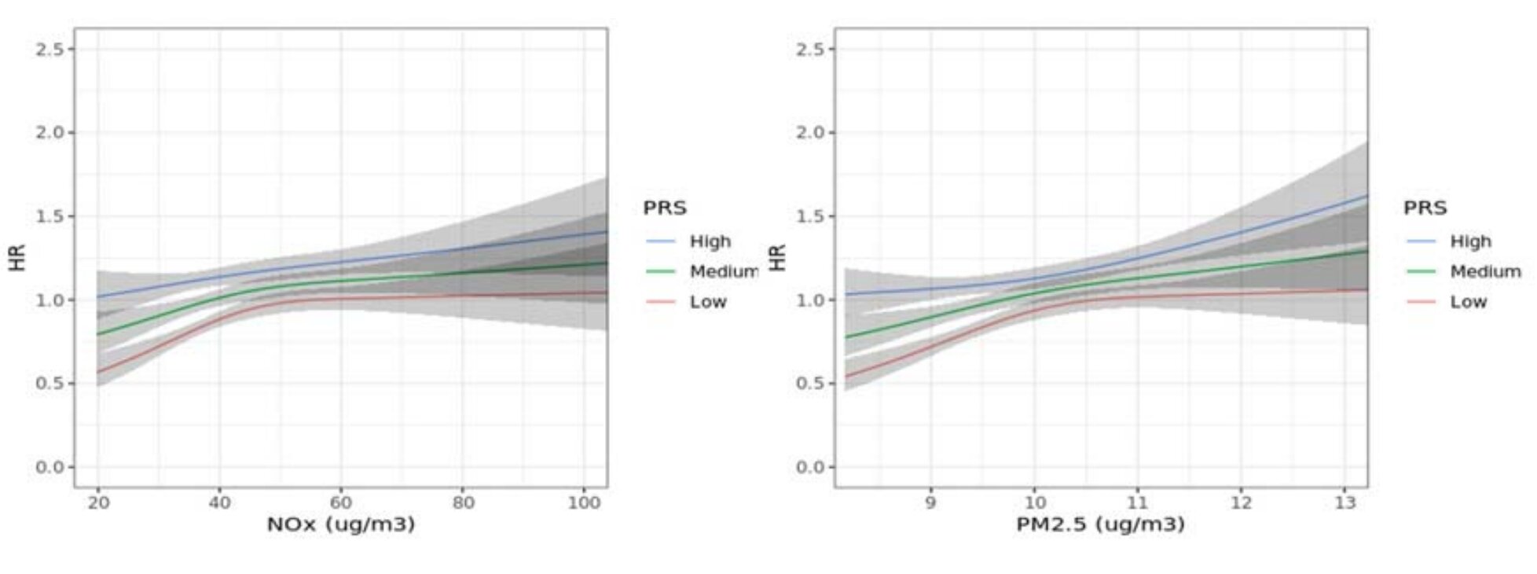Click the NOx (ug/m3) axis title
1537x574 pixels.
point(340,524)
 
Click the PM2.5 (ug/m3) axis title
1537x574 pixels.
point(1100,524)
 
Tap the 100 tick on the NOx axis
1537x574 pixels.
point(583,502)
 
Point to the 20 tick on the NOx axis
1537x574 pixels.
point(98,502)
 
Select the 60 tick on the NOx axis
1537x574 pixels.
point(341,502)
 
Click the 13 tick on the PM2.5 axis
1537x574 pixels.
point(1344,502)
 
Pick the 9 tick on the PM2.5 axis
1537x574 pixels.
point(930,502)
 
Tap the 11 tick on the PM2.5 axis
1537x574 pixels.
point(1137,502)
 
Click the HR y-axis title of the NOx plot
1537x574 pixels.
point(17,258)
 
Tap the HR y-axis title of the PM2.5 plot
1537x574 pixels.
point(777,258)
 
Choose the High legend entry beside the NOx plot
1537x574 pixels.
point(710,241)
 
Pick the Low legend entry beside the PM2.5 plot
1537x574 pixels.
point(1468,302)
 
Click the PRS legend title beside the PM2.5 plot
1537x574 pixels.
point(1425,208)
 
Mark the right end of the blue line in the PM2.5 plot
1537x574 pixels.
point(1366,196)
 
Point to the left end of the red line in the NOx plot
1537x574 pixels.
point(99,372)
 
